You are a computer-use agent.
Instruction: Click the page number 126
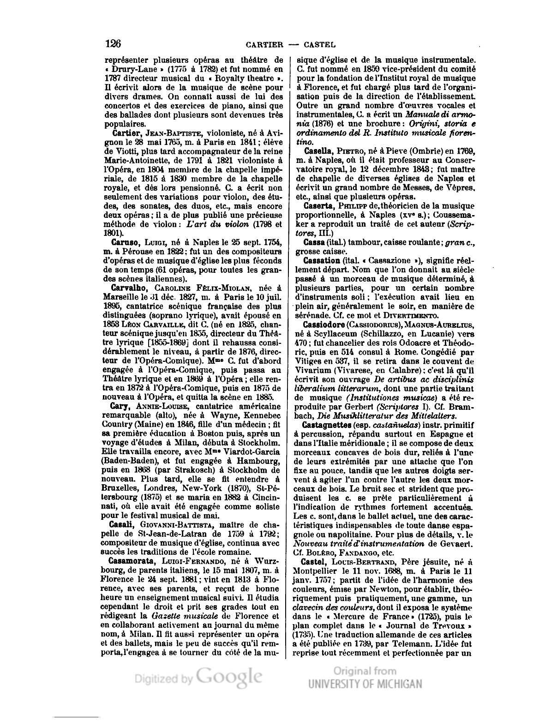113,44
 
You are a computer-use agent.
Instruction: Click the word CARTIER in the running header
264,45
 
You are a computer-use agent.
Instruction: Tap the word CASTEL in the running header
319,45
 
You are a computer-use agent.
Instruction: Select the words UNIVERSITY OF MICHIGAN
365,684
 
